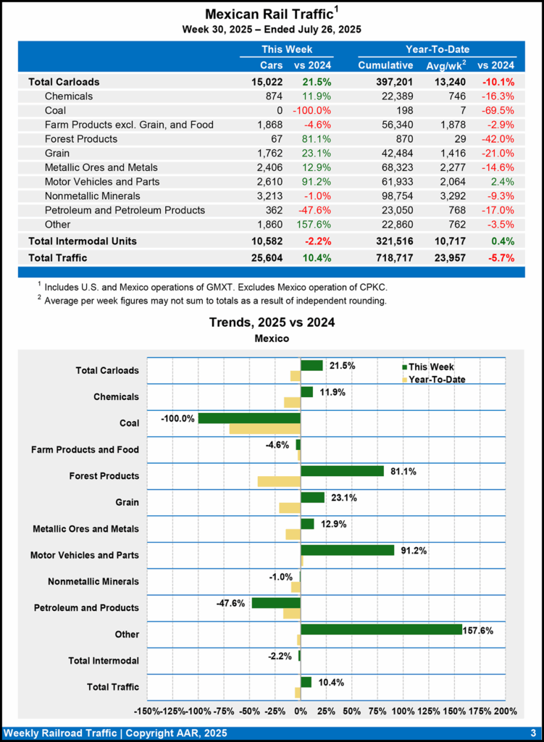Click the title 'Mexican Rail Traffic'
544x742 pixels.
tap(269, 14)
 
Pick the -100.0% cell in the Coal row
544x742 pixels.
tap(311, 110)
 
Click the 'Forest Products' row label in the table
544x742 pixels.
tap(80, 138)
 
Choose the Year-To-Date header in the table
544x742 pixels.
tap(437, 49)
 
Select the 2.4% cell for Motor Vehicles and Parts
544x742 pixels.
tap(501, 181)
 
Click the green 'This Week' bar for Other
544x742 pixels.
tap(381, 629)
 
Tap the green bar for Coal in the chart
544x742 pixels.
tap(248, 418)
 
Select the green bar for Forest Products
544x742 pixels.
tap(342, 471)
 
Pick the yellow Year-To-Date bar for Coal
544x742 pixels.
tap(264, 429)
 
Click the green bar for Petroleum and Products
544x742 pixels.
tap(276, 603)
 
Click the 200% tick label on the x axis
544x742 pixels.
tap(505, 711)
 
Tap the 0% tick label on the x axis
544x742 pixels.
tap(301, 711)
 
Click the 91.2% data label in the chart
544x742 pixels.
tap(414, 550)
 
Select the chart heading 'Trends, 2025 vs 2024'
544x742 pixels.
tap(272, 322)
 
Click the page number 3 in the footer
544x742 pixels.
tap(532, 733)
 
